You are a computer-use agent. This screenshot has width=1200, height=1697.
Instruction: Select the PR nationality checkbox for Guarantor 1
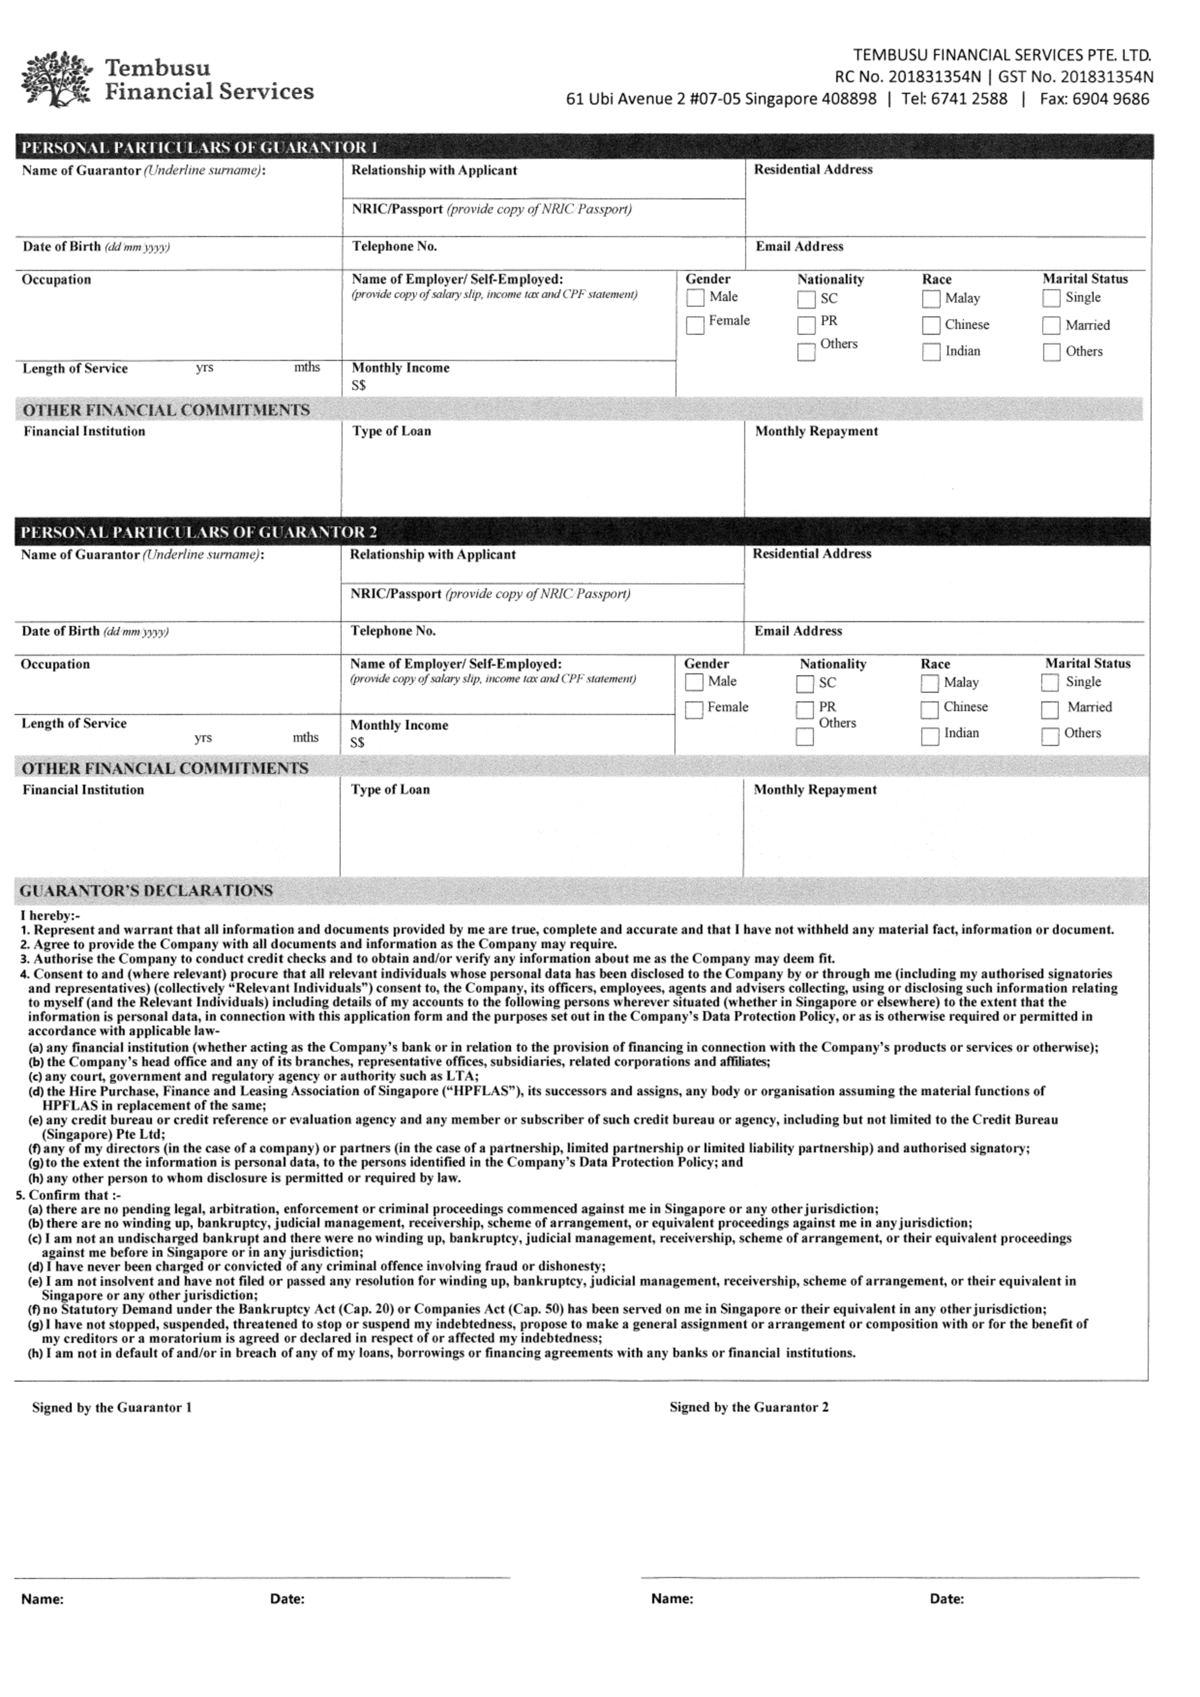click(x=806, y=325)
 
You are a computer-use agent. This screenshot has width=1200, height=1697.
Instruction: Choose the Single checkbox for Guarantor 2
click(x=1050, y=682)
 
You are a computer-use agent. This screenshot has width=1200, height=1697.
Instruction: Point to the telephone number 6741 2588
click(x=972, y=99)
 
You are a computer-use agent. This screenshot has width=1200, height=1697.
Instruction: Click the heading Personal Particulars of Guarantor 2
click(x=198, y=532)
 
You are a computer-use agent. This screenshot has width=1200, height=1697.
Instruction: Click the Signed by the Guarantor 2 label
click(x=749, y=1407)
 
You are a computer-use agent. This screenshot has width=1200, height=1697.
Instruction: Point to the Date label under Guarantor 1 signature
click(x=287, y=1599)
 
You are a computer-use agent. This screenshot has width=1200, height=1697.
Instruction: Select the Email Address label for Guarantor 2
click(x=798, y=631)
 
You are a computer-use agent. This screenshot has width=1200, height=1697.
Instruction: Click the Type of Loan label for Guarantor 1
click(x=391, y=431)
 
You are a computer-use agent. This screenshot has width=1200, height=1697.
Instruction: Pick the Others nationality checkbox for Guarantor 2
click(x=805, y=737)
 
